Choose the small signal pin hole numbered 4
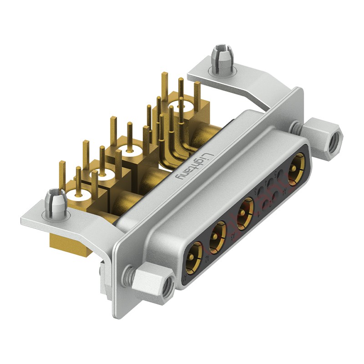pos(271,182)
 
